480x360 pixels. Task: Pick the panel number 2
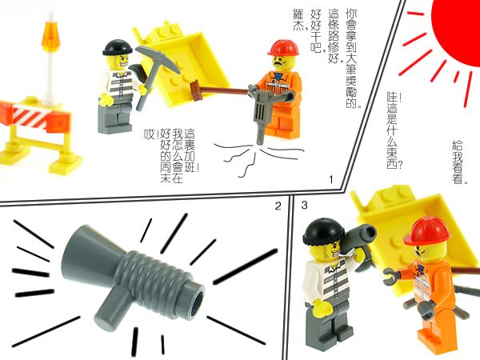coord(278,206)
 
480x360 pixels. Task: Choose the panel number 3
coord(304,206)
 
